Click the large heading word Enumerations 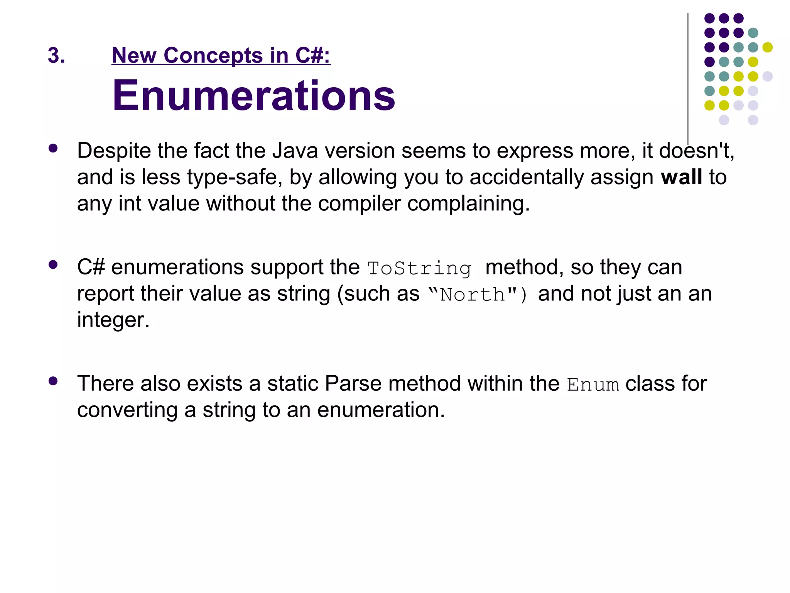click(253, 95)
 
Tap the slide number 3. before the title click(56, 55)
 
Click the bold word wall click(681, 177)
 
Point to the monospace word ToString click(419, 268)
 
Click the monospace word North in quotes click(472, 295)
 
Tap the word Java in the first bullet click(295, 151)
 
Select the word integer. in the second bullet click(113, 320)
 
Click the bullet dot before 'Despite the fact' click(53, 149)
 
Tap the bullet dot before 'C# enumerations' click(53, 265)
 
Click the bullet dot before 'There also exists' click(53, 381)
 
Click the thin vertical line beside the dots click(688, 77)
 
